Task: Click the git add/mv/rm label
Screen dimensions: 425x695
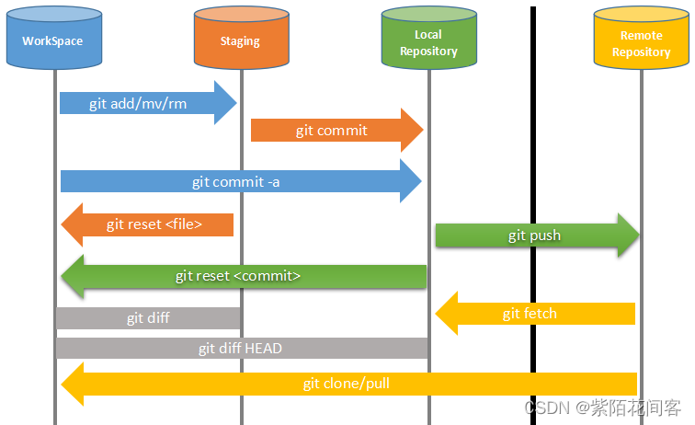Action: [138, 103]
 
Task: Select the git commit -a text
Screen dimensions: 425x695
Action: [235, 181]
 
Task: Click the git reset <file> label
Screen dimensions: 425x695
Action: [154, 224]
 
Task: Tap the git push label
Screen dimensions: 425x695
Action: [534, 235]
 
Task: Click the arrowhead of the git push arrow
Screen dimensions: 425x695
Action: [630, 235]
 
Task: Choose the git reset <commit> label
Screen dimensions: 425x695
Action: [238, 276]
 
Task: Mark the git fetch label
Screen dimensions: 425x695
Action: [530, 314]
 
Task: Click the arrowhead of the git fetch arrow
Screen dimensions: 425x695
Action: [446, 314]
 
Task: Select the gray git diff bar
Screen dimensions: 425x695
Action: [148, 318]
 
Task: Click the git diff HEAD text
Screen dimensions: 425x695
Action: [240, 349]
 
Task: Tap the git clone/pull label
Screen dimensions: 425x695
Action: [347, 383]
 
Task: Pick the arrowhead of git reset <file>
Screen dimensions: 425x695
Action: [73, 224]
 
